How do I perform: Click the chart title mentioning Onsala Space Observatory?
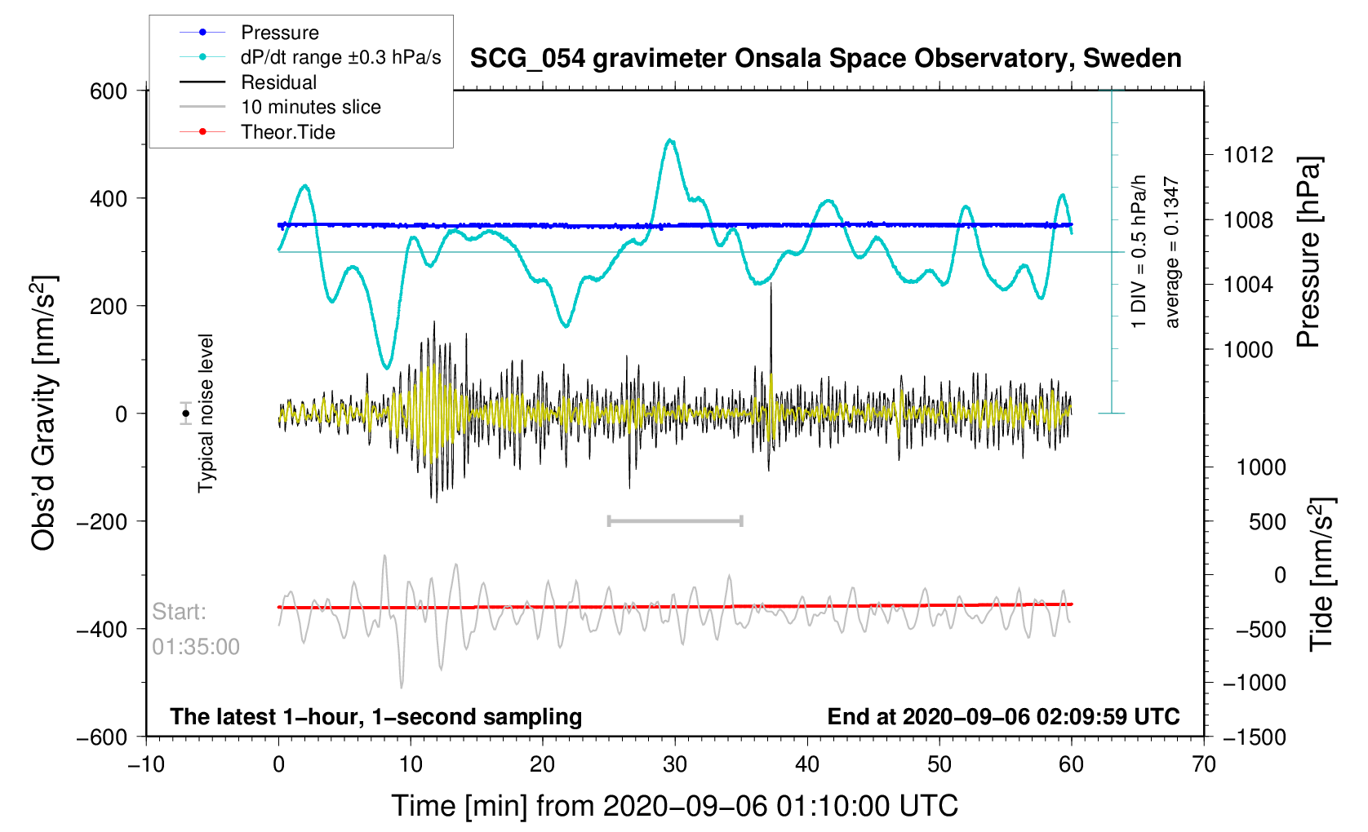pyautogui.click(x=825, y=59)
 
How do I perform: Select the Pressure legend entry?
pyautogui.click(x=279, y=33)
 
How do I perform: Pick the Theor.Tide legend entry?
pyautogui.click(x=287, y=132)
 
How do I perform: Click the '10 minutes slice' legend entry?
pyautogui.click(x=310, y=107)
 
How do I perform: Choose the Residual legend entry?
pyautogui.click(x=278, y=82)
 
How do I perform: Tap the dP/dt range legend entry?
pyautogui.click(x=340, y=57)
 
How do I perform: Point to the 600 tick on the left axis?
pyautogui.click(x=109, y=91)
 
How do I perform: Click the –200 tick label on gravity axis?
pyautogui.click(x=102, y=521)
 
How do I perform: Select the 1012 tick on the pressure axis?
pyautogui.click(x=1248, y=155)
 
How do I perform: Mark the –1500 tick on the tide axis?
pyautogui.click(x=1254, y=737)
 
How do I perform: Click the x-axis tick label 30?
pyautogui.click(x=674, y=764)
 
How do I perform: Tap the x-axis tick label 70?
pyautogui.click(x=1203, y=764)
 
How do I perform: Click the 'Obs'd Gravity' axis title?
pyautogui.click(x=43, y=414)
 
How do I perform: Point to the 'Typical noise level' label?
pyautogui.click(x=206, y=414)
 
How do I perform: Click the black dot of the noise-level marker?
pyautogui.click(x=186, y=414)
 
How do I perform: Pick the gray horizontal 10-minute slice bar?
pyautogui.click(x=675, y=521)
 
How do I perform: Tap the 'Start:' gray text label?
pyautogui.click(x=180, y=612)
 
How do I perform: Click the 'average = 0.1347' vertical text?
pyautogui.click(x=1171, y=253)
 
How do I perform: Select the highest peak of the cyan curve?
pyautogui.click(x=670, y=140)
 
